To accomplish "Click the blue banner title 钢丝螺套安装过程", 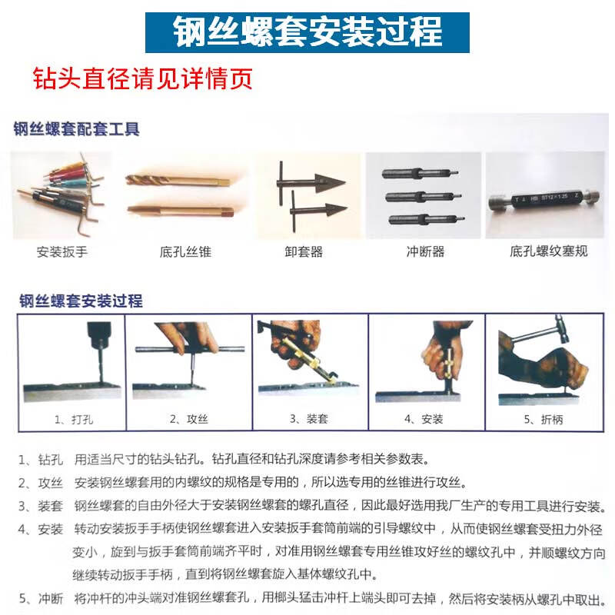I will pos(307,32).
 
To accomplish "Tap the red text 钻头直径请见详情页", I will pos(142,78).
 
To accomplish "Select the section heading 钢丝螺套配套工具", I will pos(76,128).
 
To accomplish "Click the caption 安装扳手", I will pos(61,251).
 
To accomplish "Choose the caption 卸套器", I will pos(304,251).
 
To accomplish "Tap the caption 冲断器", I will pos(425,251).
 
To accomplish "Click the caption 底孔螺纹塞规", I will pos(548,251).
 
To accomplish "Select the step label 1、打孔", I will pos(68,419).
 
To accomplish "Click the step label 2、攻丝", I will pos(188,419).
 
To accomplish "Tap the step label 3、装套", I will pos(308,419).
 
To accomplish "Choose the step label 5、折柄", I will pos(544,419).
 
